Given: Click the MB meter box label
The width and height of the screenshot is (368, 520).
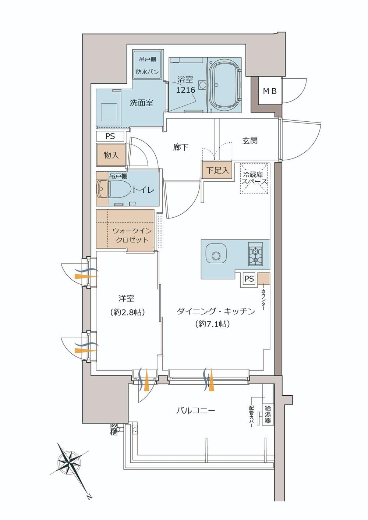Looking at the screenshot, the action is [270, 91].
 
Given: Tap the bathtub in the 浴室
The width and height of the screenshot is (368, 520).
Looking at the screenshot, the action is [224, 85].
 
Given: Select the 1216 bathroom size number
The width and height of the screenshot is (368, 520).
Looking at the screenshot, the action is [185, 90].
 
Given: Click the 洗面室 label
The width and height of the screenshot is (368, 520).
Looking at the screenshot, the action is [141, 103].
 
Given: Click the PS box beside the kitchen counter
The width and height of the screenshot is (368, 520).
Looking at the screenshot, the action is [249, 278].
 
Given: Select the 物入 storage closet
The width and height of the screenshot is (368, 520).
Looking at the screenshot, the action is [111, 155].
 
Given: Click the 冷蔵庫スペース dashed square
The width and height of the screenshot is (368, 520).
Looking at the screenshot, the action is [254, 178].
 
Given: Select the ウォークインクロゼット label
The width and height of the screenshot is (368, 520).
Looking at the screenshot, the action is [132, 235].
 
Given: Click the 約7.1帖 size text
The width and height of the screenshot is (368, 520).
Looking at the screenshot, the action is [213, 324].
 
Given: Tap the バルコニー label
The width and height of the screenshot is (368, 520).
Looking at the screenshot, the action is [195, 411].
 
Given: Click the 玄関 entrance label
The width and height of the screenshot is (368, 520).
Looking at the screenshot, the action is [250, 141].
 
